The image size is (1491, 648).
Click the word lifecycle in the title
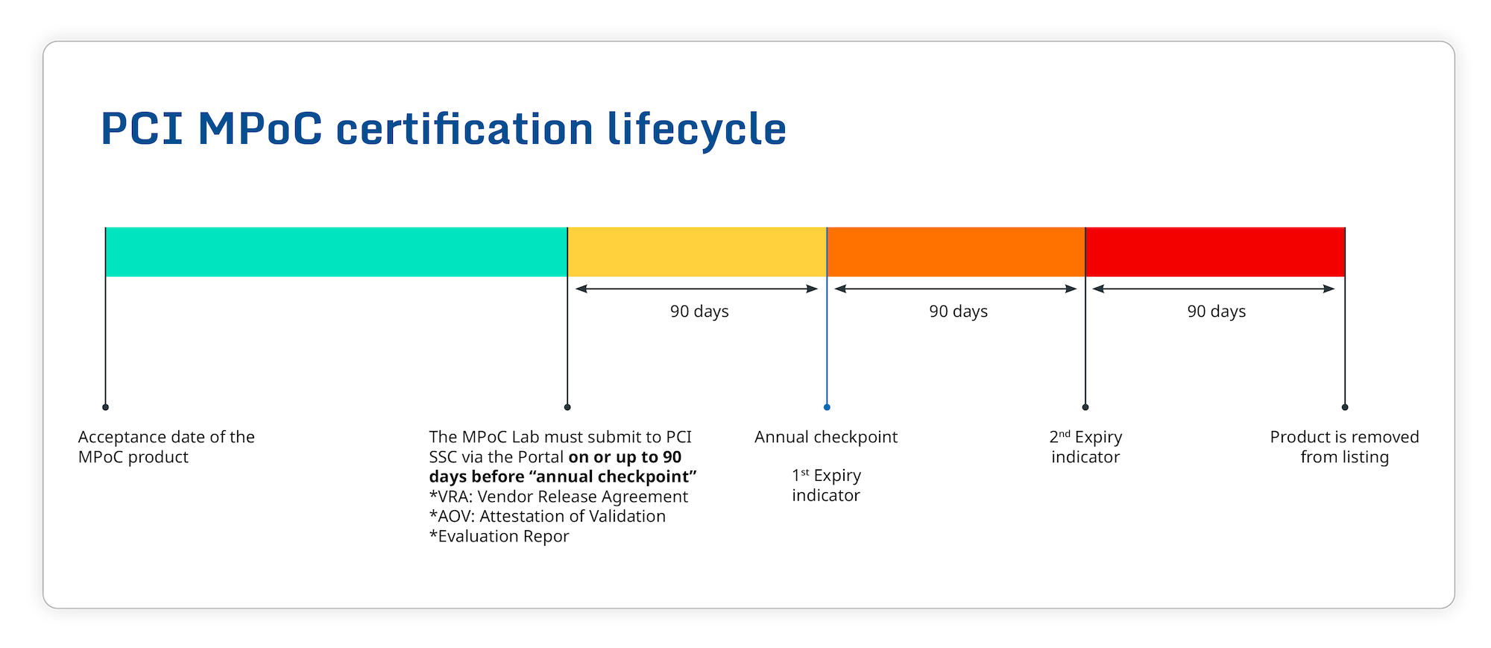point(697,130)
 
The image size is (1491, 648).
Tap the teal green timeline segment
point(335,252)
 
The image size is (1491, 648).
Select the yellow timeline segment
point(697,252)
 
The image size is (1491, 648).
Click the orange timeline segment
point(956,252)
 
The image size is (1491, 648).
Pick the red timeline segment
point(1215,252)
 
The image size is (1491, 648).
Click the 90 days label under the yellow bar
point(699,312)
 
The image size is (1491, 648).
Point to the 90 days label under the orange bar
point(958,312)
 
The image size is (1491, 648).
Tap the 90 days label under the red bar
point(1217,312)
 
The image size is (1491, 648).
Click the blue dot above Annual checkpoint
point(827,407)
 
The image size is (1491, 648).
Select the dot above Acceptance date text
point(106,407)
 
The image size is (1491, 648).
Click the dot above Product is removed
point(1345,407)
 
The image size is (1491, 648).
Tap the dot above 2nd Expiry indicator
point(1085,407)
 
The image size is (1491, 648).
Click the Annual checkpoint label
point(826,437)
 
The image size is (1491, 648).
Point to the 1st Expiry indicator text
point(826,485)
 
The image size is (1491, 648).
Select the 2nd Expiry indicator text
point(1085,447)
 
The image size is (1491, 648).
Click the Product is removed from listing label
point(1344,447)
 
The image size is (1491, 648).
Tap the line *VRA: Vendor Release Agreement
point(558,497)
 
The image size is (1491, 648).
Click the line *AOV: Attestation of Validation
point(547,516)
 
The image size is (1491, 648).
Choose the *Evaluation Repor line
point(499,536)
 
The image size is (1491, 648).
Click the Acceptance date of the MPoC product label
point(166,447)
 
